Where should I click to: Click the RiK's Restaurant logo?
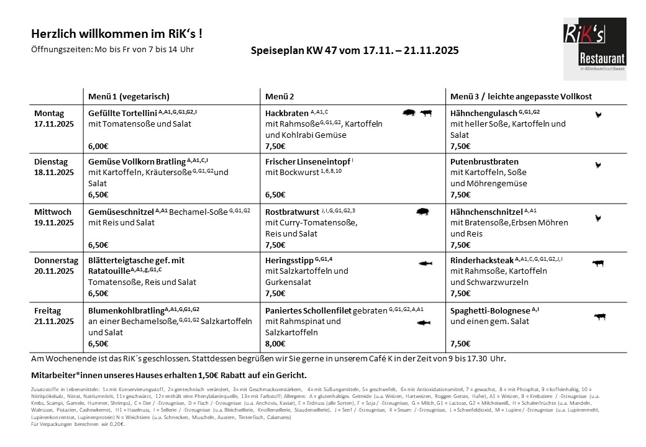pos(594,49)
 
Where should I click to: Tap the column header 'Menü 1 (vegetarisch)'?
pos(129,97)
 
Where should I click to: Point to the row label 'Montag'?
pos(49,114)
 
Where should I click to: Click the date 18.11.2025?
pos(54,171)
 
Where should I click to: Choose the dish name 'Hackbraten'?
pos(286,114)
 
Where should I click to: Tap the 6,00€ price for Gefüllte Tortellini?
pos(98,146)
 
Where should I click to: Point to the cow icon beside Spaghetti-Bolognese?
pos(599,317)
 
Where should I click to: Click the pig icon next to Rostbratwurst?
pos(423,211)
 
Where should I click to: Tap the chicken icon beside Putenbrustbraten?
pos(598,165)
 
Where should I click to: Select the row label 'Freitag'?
pos(48,310)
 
